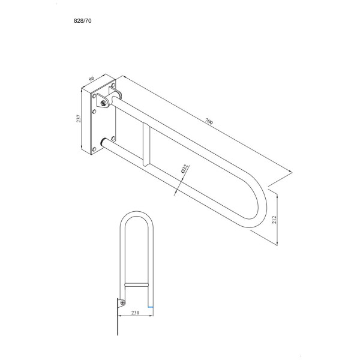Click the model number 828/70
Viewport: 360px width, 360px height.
(x=83, y=21)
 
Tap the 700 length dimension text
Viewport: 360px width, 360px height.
(x=209, y=121)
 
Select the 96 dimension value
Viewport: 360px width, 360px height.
(x=91, y=78)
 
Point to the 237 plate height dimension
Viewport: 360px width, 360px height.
(x=79, y=118)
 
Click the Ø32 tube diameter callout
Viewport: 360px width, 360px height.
(x=185, y=169)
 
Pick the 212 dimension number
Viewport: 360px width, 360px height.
(x=274, y=220)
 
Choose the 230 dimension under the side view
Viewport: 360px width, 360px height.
(x=135, y=313)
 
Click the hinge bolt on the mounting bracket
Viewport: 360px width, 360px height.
(x=104, y=103)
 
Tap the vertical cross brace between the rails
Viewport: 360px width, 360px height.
(x=146, y=144)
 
